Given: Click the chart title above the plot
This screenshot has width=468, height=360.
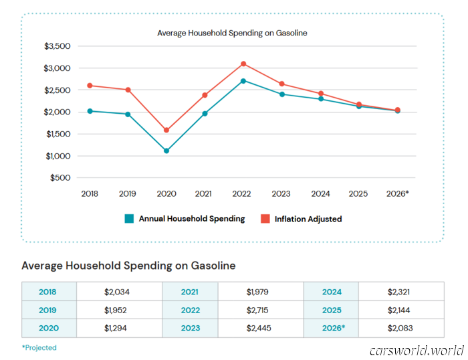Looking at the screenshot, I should (x=232, y=32).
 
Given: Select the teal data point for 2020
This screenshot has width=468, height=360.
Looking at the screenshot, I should (x=166, y=151).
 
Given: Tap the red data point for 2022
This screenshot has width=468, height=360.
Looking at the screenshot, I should (x=243, y=64).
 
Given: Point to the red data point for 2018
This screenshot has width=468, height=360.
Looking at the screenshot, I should (x=90, y=86).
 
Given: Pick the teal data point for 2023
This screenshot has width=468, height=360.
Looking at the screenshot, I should (x=282, y=94).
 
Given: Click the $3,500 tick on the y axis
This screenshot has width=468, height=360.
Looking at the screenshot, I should (x=57, y=46).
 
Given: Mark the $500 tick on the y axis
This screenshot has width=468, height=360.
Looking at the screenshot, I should (x=60, y=178).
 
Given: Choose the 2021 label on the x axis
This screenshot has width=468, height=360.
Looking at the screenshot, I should (x=205, y=193).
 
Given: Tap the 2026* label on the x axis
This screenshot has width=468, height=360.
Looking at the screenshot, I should (x=397, y=193).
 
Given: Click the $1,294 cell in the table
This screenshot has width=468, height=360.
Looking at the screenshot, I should (x=119, y=329).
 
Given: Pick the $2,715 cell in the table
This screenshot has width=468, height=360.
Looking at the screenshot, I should (x=260, y=310).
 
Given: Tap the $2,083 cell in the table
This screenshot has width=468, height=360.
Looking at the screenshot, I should (x=400, y=329).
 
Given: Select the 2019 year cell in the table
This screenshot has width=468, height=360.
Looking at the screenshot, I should (x=48, y=310).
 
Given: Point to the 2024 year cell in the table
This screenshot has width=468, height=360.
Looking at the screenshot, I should (x=331, y=292).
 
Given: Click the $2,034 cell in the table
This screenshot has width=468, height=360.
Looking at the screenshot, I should (x=119, y=292).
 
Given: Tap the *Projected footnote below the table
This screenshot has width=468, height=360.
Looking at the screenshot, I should (x=39, y=348).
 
